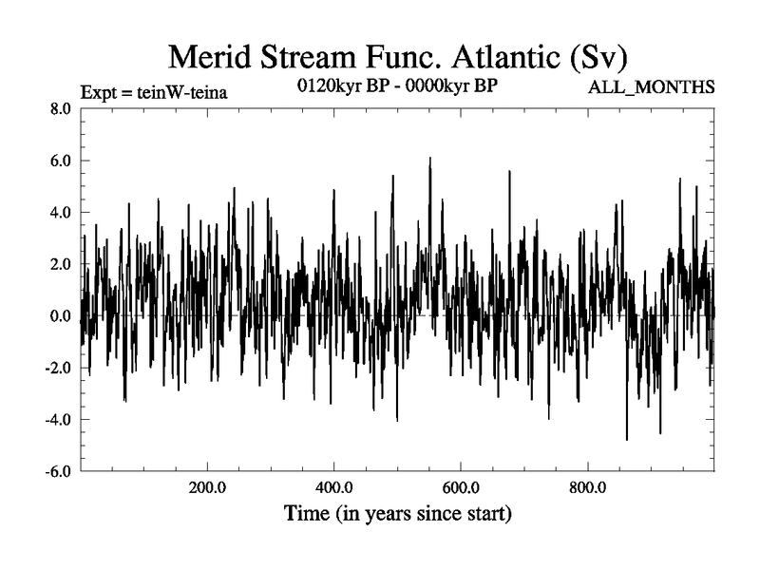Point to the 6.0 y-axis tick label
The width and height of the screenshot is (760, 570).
pos(60,161)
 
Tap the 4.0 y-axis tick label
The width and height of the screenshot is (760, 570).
pos(60,213)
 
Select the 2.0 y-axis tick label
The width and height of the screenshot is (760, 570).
pos(60,264)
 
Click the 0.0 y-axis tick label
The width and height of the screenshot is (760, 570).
pos(60,316)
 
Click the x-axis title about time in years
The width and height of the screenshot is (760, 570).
pos(398,516)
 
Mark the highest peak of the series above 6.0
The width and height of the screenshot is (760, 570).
pos(429,159)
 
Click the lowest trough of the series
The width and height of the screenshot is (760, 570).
pos(626,439)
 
